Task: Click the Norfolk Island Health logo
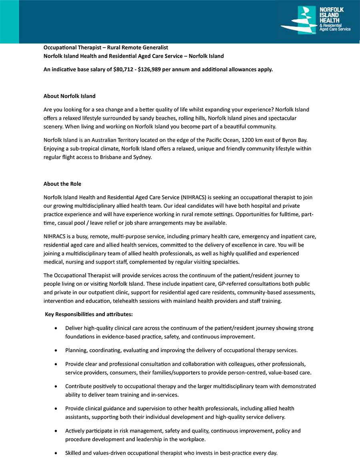[316, 20]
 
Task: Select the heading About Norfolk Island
[69, 96]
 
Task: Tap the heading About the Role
[62, 184]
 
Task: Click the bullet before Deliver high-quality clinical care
[56, 328]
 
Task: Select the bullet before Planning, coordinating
[56, 350]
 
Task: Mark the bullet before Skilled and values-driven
[56, 453]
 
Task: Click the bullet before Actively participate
[56, 431]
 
